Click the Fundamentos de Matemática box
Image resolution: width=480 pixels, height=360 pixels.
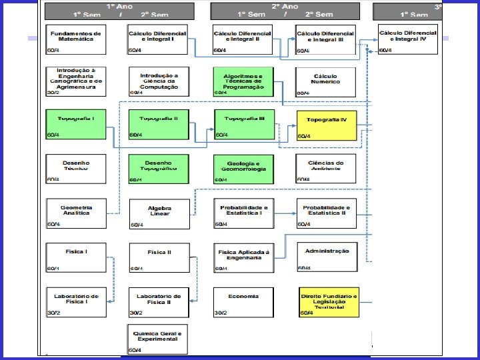pos(75,39)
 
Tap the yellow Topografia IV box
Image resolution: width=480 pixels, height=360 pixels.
pos(327,125)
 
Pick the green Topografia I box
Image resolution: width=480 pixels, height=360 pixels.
pos(75,124)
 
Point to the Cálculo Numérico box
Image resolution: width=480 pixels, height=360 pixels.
pos(327,81)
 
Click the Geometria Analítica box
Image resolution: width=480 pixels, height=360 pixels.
pos(75,213)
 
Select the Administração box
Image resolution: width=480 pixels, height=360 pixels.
pos(327,257)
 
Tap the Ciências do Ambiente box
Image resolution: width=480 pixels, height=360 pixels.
pos(327,169)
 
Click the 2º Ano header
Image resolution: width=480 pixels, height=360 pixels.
pos(285,10)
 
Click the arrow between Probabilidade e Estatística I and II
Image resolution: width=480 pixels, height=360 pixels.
pos(285,213)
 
